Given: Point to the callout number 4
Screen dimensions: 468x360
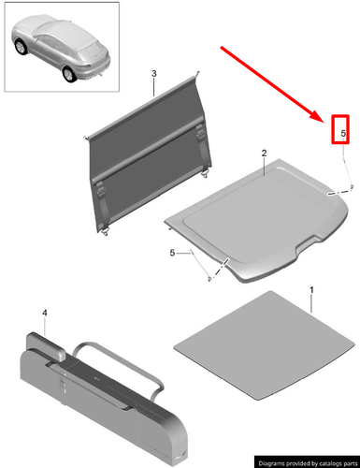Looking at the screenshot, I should pos(43,314).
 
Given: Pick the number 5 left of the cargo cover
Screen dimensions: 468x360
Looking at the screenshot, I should pos(172,252).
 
